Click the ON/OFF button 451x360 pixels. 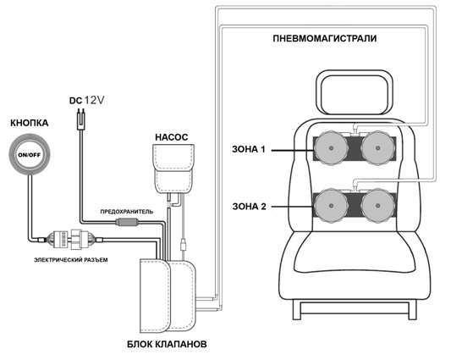point(30,155)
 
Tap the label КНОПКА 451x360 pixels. point(30,123)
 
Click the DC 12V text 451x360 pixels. point(86,101)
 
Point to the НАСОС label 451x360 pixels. point(172,137)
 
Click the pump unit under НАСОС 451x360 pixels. point(173,169)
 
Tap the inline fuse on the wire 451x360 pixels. point(126,222)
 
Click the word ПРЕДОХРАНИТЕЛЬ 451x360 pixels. point(127,212)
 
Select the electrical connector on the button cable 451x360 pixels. point(71,239)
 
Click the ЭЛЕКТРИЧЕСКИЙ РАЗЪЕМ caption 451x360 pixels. point(71,260)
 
